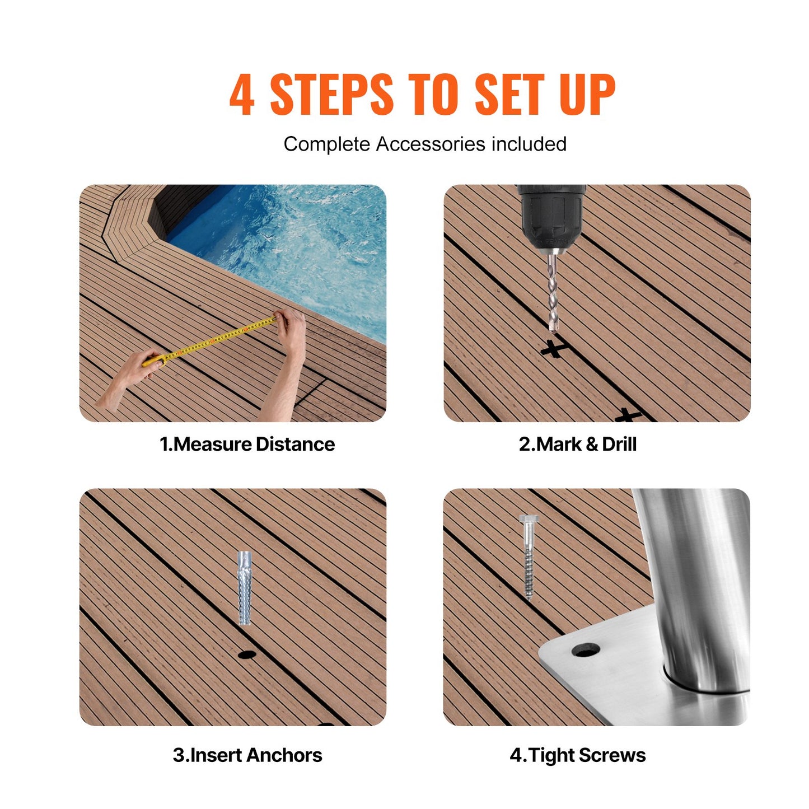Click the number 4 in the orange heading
coord(242,94)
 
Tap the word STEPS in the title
coord(331,94)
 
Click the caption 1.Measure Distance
coord(247,444)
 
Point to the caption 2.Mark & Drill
coord(577,444)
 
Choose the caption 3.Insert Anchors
coord(247,755)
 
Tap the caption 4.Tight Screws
coord(577,755)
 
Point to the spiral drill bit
coord(553,291)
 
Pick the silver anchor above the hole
coord(245,588)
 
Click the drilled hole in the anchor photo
coord(246,654)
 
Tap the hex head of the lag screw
coord(527,519)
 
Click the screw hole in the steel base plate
coord(586,650)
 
